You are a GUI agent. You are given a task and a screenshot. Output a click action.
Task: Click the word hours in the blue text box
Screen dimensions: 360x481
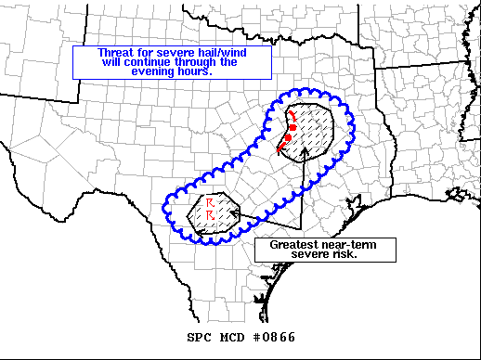coord(198,71)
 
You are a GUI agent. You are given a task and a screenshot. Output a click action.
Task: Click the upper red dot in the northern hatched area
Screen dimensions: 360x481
coord(292,127)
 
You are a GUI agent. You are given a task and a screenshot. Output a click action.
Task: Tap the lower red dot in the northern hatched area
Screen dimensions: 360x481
coord(287,138)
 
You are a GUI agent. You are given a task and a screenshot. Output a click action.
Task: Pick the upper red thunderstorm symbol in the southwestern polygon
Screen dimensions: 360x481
coord(210,201)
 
